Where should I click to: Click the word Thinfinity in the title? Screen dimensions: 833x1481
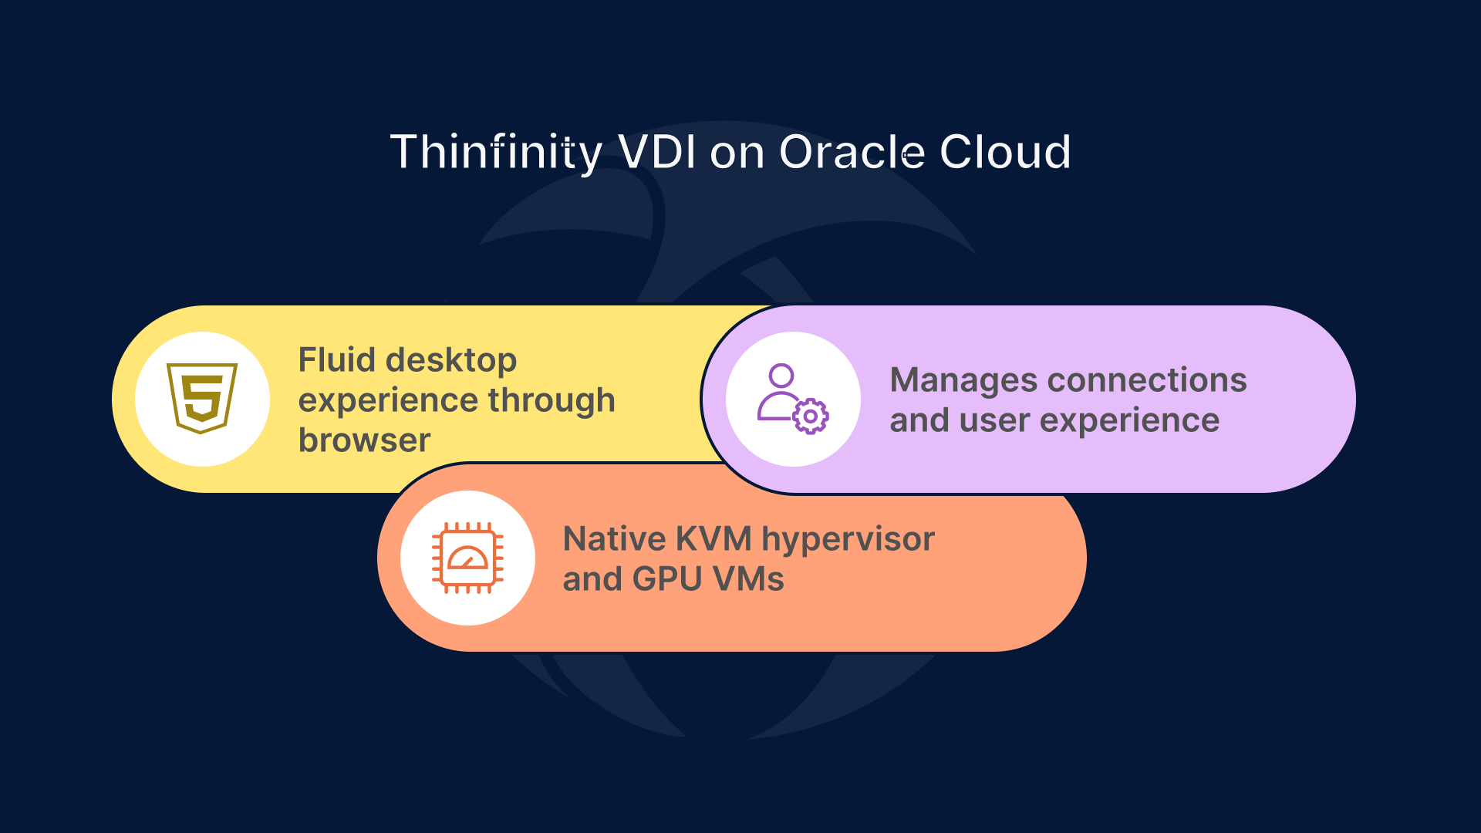pyautogui.click(x=495, y=152)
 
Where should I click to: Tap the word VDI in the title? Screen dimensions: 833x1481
pyautogui.click(x=657, y=152)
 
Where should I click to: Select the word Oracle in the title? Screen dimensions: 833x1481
pyautogui.click(x=852, y=152)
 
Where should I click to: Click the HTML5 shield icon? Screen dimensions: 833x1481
pyautogui.click(x=202, y=398)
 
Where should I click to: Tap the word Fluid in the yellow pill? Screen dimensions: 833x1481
pyautogui.click(x=336, y=360)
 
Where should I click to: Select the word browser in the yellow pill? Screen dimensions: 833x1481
pyautogui.click(x=364, y=440)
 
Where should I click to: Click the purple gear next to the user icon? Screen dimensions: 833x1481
pyautogui.click(x=810, y=416)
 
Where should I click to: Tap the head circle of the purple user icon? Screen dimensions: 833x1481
pyautogui.click(x=781, y=376)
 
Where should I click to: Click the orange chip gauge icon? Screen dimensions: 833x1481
pyautogui.click(x=467, y=558)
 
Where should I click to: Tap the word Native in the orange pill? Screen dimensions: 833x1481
pyautogui.click(x=614, y=539)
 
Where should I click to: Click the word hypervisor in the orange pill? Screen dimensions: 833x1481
pyautogui.click(x=848, y=539)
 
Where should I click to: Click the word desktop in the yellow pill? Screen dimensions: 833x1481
pyautogui.click(x=451, y=360)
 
